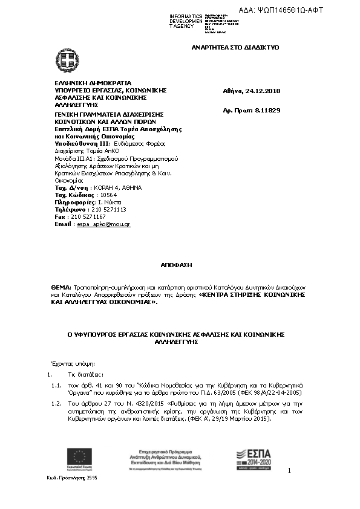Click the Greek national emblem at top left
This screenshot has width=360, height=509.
[x=67, y=59]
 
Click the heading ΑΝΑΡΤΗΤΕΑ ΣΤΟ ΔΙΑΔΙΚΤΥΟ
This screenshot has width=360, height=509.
[x=235, y=47]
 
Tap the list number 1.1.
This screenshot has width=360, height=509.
[x=57, y=384]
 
